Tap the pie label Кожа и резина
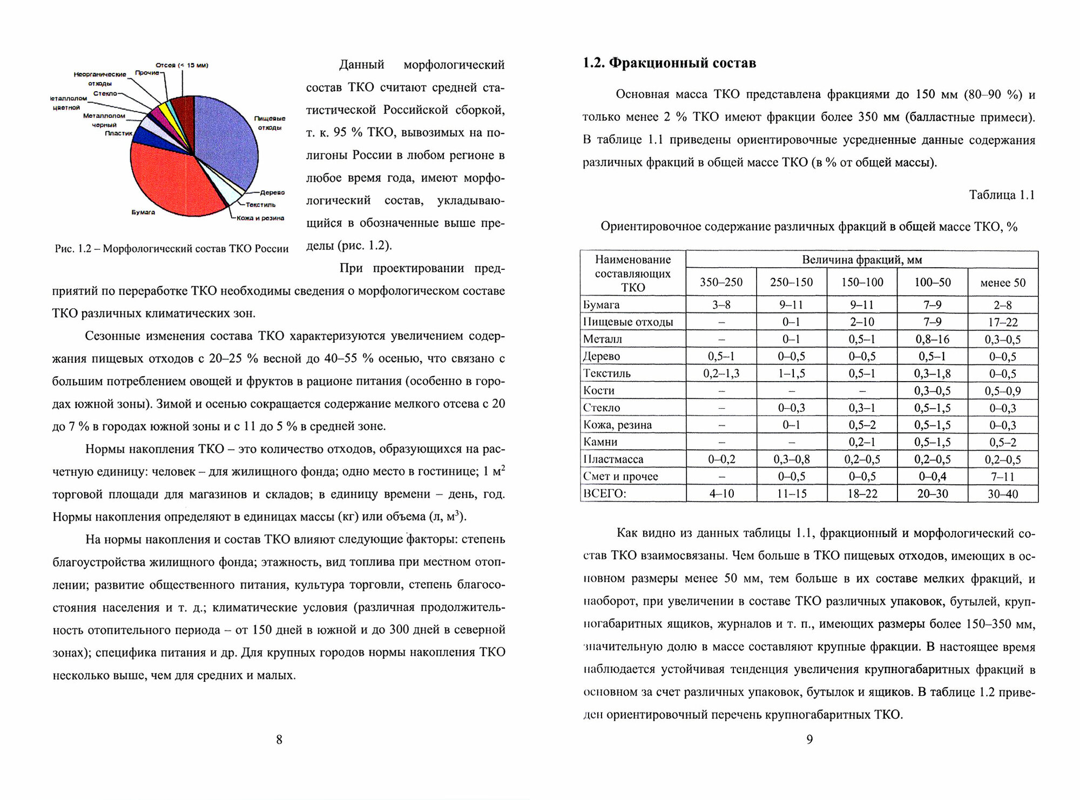pyautogui.click(x=260, y=218)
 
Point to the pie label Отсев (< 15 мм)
pyautogui.click(x=182, y=65)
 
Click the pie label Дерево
pyautogui.click(x=272, y=192)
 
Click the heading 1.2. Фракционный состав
pyautogui.click(x=669, y=63)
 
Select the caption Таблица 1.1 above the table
pyautogui.click(x=1002, y=195)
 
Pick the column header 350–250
pyautogui.click(x=721, y=282)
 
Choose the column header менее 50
pyautogui.click(x=1003, y=282)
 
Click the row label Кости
pyautogui.click(x=599, y=390)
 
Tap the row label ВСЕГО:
pyautogui.click(x=604, y=493)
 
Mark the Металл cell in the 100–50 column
pyautogui.click(x=932, y=339)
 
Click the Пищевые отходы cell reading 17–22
pyautogui.click(x=1003, y=322)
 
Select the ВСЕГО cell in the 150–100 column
pyautogui.click(x=862, y=493)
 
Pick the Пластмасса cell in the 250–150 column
pyautogui.click(x=791, y=459)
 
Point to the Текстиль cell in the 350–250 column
pyautogui.click(x=721, y=374)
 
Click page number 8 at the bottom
pyautogui.click(x=279, y=740)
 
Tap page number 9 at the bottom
pyautogui.click(x=809, y=740)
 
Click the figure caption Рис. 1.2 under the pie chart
pyautogui.click(x=172, y=249)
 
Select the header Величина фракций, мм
pyautogui.click(x=862, y=260)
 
